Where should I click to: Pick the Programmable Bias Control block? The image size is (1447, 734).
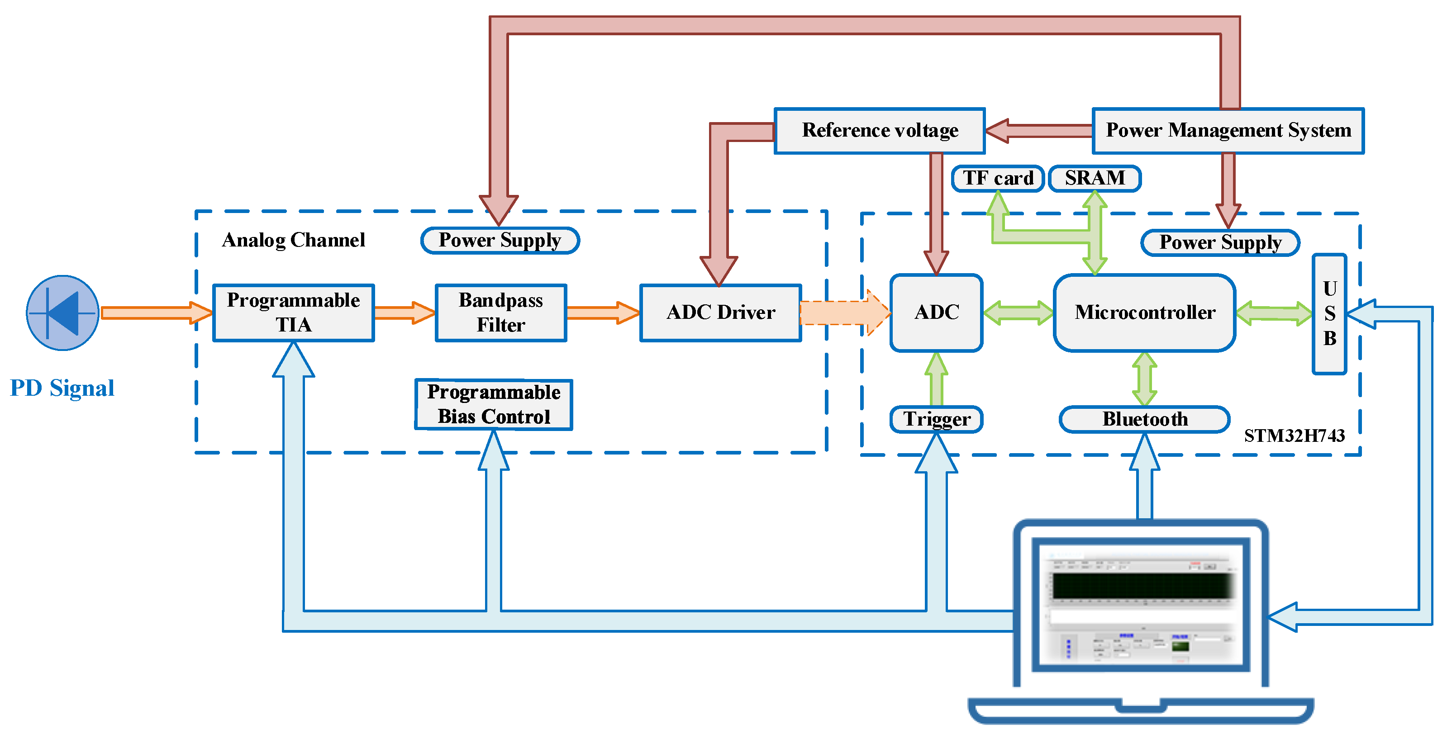493,404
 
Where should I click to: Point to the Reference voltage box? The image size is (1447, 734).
879,130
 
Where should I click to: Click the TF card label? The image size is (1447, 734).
998,178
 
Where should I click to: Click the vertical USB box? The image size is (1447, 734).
1329,313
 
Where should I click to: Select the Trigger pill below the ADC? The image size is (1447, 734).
937,419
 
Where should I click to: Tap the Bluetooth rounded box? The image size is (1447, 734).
1144,419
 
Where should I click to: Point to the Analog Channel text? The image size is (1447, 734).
293,240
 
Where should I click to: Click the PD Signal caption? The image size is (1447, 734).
62,388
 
